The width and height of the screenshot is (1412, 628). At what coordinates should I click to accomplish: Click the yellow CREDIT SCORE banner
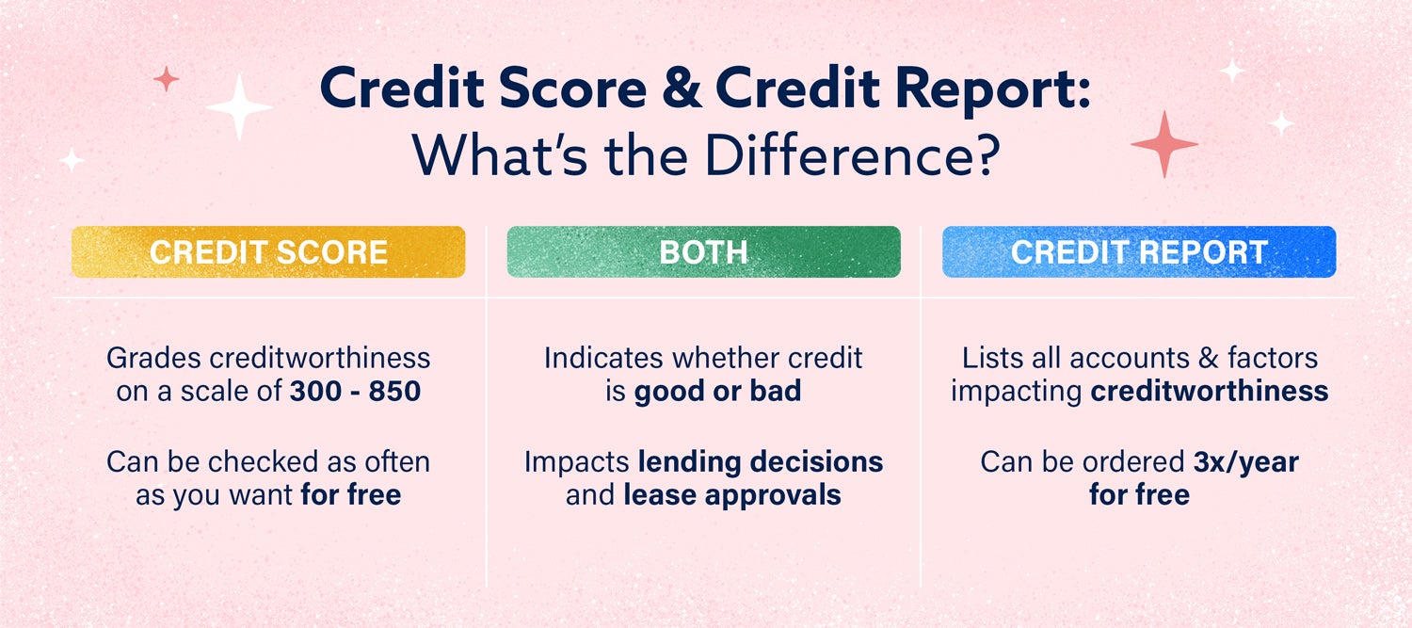coord(268,252)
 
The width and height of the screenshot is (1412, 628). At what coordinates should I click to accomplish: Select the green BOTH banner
coord(704,252)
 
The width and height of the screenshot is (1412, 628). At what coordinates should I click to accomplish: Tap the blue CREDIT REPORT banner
coord(1139,252)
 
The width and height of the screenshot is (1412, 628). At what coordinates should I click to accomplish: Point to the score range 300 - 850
coord(356,392)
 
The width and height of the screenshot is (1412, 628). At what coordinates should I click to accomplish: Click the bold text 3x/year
coord(1246,463)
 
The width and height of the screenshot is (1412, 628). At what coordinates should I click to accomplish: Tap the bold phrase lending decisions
coord(761,462)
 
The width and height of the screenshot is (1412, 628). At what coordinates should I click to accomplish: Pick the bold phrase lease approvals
coord(732,496)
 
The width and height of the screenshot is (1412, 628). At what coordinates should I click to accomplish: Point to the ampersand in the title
coord(682,88)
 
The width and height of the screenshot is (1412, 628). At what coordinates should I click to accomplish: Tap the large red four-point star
coord(1164,144)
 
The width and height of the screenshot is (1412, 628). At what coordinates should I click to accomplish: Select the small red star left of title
coord(167,79)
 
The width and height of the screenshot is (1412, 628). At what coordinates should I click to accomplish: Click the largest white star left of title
coord(239,107)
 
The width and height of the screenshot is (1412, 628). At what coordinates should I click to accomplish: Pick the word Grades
coord(153,358)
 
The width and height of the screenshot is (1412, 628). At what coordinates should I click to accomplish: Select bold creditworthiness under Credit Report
coord(1210,392)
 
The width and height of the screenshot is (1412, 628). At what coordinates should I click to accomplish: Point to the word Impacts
coord(577,463)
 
